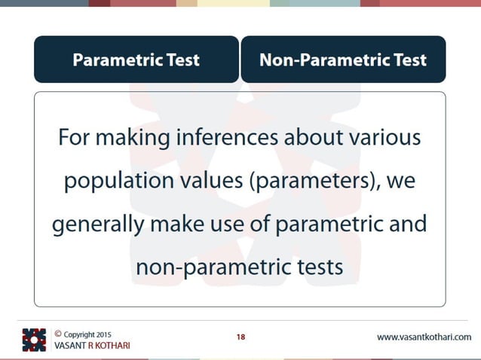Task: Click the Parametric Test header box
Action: coord(136,59)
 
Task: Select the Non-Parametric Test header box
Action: coord(343,59)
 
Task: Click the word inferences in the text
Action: coord(228,139)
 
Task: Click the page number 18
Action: coord(240,337)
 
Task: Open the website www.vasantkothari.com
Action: coord(424,337)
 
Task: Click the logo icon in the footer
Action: coord(34,340)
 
